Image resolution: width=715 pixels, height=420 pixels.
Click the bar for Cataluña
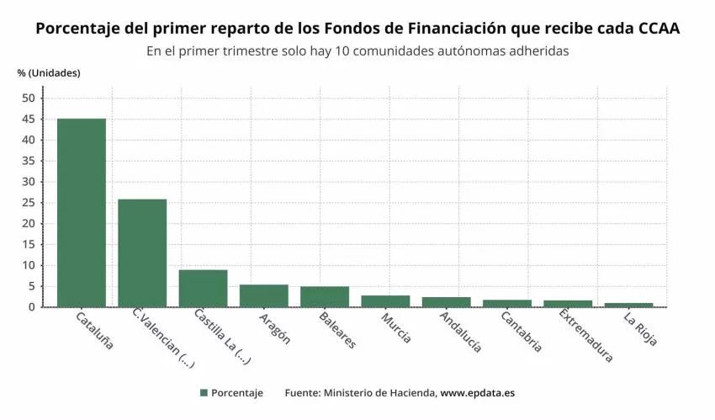[x=82, y=213]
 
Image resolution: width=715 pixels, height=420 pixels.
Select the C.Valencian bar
[x=142, y=253]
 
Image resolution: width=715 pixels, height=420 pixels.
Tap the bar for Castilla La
[x=203, y=288]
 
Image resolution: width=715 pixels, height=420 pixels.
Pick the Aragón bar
[x=264, y=295]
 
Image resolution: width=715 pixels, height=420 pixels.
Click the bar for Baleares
[x=325, y=296]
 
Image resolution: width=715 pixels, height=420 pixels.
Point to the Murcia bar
[x=385, y=300]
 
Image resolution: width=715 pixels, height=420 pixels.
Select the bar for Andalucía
[x=447, y=301]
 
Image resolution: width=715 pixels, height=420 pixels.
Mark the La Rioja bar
[x=629, y=305]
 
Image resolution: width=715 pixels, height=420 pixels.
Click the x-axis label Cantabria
[x=521, y=332]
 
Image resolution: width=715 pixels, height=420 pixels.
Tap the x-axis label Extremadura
[x=585, y=337]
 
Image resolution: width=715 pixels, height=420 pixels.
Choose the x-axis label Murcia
[x=395, y=328]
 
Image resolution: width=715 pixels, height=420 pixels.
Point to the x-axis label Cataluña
[x=94, y=330]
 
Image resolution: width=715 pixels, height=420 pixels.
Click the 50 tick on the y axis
[x=29, y=98]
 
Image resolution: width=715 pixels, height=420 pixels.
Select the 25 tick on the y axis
[x=29, y=203]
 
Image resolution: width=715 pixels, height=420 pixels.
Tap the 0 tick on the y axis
[x=32, y=307]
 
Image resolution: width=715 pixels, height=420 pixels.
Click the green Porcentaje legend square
[x=204, y=393]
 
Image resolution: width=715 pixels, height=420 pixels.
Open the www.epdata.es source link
[x=478, y=393]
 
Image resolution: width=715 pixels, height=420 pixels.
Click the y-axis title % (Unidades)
[x=49, y=72]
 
